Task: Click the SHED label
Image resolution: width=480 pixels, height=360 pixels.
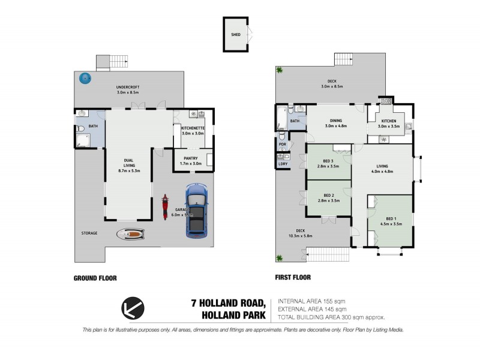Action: pyautogui.click(x=235, y=35)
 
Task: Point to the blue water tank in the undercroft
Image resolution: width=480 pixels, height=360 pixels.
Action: pyautogui.click(x=86, y=77)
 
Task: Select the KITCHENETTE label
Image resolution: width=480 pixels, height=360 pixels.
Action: pyautogui.click(x=193, y=128)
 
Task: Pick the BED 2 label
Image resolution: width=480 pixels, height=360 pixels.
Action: pyautogui.click(x=329, y=196)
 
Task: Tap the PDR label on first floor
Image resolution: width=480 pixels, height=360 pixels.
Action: pyautogui.click(x=282, y=145)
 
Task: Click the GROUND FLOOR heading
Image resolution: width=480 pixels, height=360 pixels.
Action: pyautogui.click(x=95, y=278)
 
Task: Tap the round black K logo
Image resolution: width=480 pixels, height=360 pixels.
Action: pyautogui.click(x=133, y=308)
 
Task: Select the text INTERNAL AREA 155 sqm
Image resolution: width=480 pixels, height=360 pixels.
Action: pyautogui.click(x=311, y=301)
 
